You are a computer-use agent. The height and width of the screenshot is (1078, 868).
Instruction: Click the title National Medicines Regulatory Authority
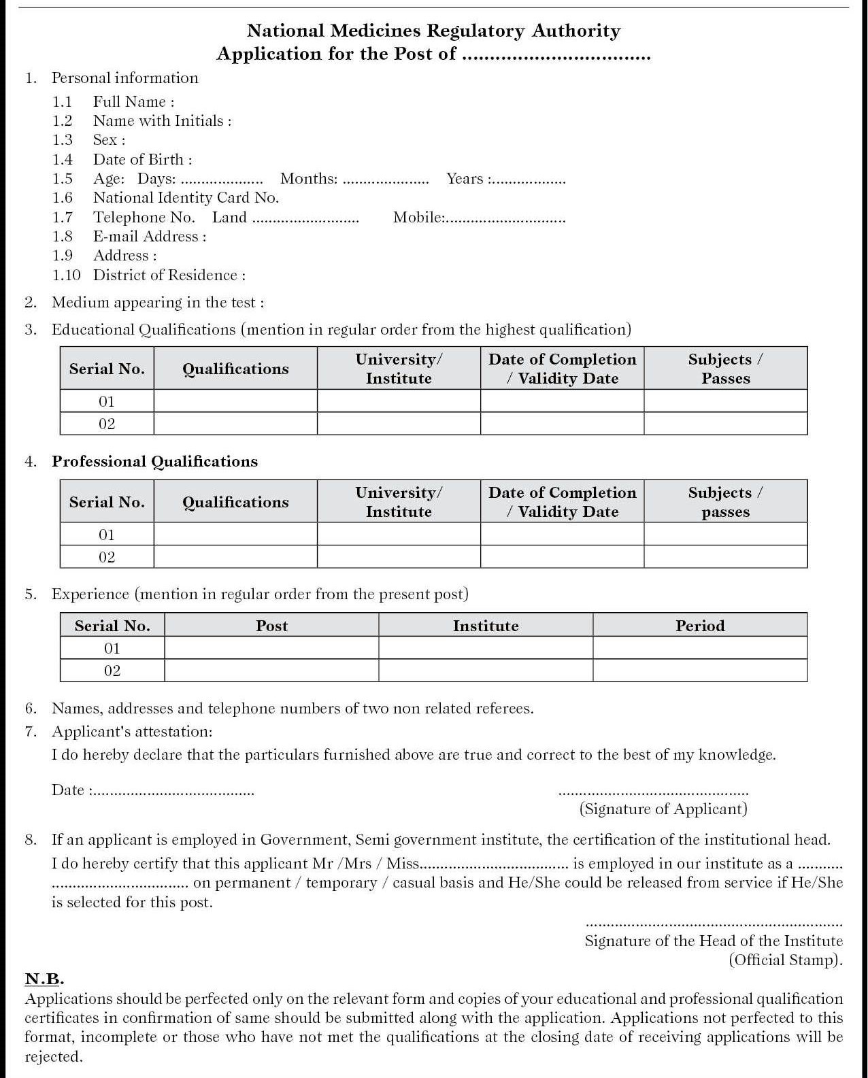tap(433, 31)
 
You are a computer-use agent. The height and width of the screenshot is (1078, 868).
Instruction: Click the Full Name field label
tap(133, 102)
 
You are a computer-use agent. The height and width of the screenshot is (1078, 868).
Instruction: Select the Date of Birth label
tap(142, 160)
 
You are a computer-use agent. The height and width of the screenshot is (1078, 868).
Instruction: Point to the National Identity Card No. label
tap(186, 198)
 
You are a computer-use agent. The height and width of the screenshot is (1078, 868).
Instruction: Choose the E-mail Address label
tap(149, 237)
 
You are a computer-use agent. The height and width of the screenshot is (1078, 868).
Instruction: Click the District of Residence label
tap(169, 275)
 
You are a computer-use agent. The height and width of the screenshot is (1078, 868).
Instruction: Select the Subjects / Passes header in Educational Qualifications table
tap(725, 369)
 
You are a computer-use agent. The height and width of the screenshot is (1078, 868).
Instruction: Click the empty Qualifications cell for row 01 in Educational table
tap(235, 401)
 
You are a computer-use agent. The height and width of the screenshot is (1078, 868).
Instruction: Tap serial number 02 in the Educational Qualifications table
tap(107, 424)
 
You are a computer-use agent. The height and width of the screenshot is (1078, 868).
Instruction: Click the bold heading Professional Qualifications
tap(154, 462)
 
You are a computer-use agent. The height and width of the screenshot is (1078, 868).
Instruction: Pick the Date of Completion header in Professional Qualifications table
tap(562, 502)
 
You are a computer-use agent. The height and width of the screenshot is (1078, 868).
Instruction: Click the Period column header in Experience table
tap(700, 626)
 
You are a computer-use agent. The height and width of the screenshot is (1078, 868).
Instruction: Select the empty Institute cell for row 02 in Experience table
tap(486, 671)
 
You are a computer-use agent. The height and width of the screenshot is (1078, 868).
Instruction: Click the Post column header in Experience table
tap(271, 626)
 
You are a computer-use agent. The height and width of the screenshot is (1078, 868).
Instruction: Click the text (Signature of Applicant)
tap(663, 809)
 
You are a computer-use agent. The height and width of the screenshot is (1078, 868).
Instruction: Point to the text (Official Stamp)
tap(786, 960)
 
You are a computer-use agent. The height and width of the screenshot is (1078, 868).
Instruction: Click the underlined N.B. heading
tap(44, 979)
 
